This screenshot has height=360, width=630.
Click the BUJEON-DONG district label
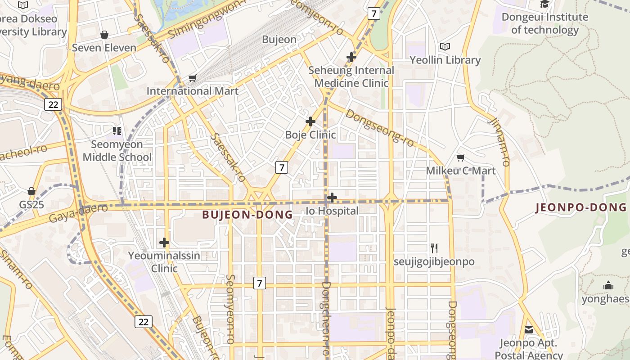(247, 215)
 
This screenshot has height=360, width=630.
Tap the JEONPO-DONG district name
(580, 207)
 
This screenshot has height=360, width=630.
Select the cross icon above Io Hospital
(332, 198)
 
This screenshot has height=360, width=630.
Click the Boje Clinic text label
(310, 135)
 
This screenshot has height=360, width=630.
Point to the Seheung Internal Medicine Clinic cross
(351, 57)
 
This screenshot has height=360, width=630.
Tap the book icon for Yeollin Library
(445, 46)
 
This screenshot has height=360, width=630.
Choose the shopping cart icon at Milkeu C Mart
(460, 157)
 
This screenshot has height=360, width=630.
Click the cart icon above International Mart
(193, 78)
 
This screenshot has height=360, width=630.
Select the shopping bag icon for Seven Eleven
(104, 35)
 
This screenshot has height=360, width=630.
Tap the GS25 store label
(31, 204)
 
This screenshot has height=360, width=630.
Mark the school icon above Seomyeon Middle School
(117, 131)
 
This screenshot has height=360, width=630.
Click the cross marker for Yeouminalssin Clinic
(164, 243)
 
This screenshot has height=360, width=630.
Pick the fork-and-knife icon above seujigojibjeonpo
(434, 248)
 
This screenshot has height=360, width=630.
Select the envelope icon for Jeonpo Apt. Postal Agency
(529, 330)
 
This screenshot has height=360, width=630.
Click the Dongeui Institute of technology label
(544, 23)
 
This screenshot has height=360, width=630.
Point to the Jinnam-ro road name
(499, 142)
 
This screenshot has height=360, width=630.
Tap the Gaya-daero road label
(78, 213)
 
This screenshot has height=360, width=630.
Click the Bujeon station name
(279, 40)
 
